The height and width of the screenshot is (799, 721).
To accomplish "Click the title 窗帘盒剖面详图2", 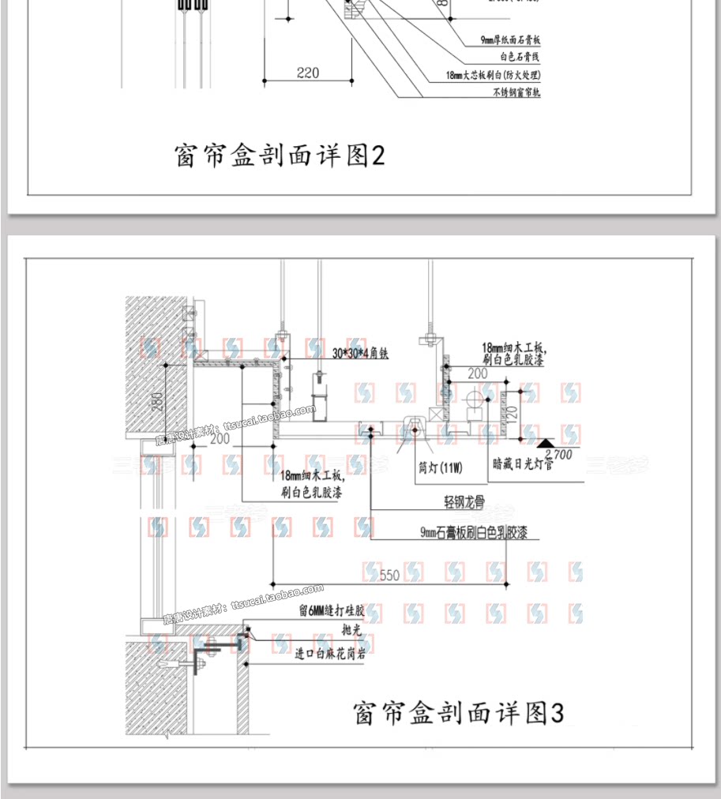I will click(x=279, y=155).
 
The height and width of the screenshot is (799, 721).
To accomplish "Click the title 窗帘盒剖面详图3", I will click(x=458, y=713).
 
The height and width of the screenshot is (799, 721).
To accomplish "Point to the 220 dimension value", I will click(x=308, y=73).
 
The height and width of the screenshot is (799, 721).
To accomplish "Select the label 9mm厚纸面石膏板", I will click(x=510, y=39).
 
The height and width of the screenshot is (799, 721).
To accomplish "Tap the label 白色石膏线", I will click(x=520, y=57).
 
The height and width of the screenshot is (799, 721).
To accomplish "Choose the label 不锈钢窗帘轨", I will click(x=516, y=92).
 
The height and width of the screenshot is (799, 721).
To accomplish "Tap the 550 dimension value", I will click(x=389, y=576).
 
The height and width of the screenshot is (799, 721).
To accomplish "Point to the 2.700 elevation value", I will click(x=562, y=455).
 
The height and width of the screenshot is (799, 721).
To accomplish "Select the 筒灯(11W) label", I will click(x=440, y=467).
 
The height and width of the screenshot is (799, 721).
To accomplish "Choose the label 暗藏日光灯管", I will click(x=522, y=465).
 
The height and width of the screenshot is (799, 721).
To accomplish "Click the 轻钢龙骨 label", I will click(x=464, y=501).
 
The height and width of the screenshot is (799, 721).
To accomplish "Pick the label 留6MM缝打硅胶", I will click(x=331, y=611).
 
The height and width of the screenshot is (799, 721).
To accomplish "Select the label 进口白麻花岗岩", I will click(x=330, y=653).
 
